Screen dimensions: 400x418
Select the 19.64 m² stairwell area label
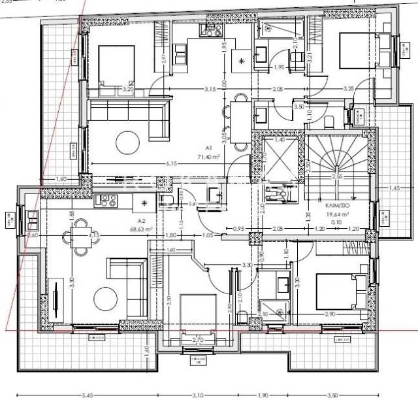pyautogui.click(x=340, y=212)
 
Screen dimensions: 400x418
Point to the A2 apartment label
pyautogui.click(x=141, y=221)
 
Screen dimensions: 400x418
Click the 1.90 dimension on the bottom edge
pyautogui.click(x=263, y=395)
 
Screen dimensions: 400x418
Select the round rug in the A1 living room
pyautogui.click(x=127, y=140)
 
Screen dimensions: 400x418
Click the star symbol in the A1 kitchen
pyautogui.click(x=242, y=61)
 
